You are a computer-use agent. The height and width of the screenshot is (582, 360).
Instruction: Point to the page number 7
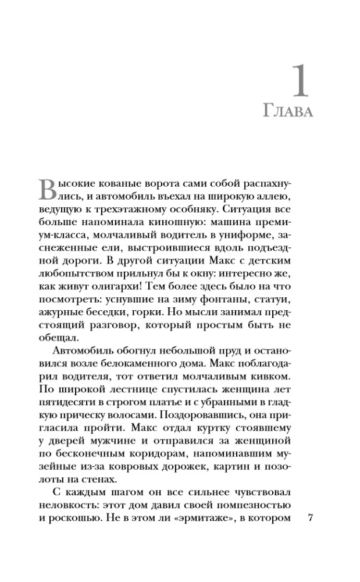click(x=310, y=519)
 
